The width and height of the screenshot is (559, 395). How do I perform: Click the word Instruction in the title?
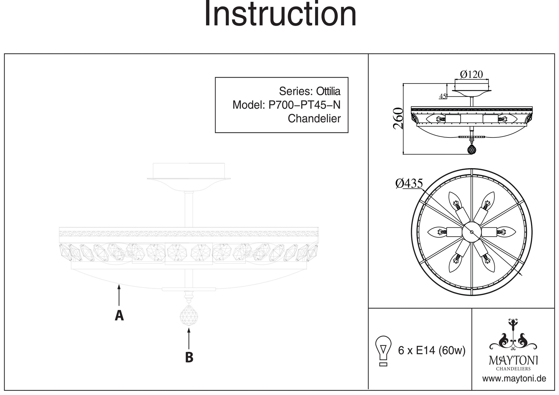280,14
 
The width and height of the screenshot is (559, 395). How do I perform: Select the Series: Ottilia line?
310,91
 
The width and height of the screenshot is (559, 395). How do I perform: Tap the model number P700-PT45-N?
304,105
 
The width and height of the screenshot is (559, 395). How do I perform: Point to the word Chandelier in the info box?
314,119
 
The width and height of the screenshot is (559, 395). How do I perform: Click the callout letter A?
119,315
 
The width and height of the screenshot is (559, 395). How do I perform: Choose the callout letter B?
189,357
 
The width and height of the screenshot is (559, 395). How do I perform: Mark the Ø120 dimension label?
472,74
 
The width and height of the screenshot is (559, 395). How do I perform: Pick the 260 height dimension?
398,118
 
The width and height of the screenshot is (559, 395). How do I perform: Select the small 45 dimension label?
442,96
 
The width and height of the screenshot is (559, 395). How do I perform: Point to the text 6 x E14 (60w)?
432,350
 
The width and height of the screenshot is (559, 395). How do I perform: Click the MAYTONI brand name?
513,360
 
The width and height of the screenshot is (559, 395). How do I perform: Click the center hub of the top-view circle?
472,232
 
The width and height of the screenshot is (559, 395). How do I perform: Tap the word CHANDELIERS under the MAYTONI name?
513,369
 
